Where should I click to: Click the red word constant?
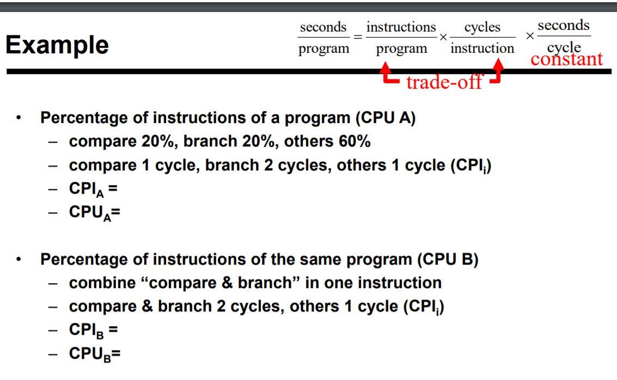pos(566,59)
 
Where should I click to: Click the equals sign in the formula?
pos(358,37)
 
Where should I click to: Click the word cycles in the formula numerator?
pos(482,27)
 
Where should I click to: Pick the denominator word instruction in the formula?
pos(482,48)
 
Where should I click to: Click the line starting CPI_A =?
pos(93,189)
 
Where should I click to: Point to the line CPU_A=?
pos(94,212)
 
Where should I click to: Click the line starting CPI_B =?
pos(93,330)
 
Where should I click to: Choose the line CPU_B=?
pos(94,354)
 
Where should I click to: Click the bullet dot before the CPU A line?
pos(20,118)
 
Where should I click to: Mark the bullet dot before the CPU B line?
pos(20,260)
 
